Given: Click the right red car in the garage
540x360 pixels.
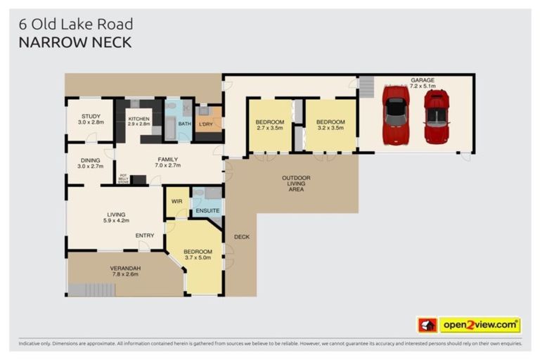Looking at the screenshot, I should [436, 116].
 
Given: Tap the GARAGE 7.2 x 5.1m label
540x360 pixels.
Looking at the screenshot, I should [423, 84].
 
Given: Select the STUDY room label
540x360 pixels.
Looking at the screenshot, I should [91, 120].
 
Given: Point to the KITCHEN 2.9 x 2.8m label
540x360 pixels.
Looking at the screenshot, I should [139, 122].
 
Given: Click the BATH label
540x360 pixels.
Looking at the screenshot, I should [184, 124].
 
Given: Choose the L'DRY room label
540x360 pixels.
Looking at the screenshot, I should [206, 124].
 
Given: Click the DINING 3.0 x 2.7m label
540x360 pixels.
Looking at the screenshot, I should [91, 163].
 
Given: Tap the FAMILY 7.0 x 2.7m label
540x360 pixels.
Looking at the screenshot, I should [168, 162].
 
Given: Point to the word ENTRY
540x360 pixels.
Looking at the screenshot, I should [145, 236].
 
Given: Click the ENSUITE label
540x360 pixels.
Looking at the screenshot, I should [207, 210].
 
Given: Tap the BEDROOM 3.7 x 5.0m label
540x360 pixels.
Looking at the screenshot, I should [198, 255].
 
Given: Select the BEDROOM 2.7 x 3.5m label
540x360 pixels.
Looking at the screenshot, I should [269, 125].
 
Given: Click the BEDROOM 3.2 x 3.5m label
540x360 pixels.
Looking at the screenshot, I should [329, 125].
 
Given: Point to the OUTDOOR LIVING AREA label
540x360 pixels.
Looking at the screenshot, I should [296, 184].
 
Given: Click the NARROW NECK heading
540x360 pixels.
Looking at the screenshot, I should [75, 42].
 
